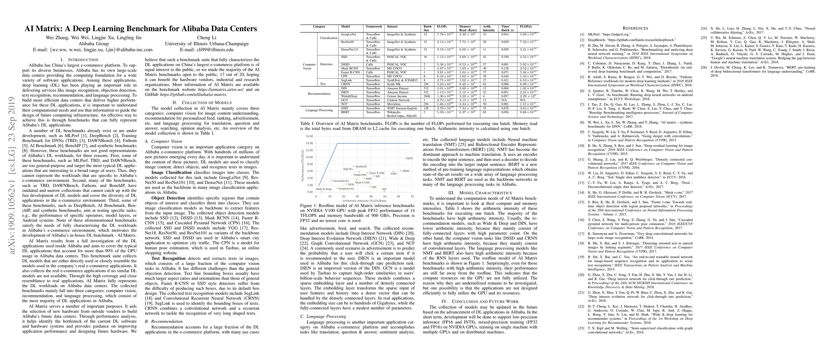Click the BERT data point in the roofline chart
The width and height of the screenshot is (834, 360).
(x=405, y=158)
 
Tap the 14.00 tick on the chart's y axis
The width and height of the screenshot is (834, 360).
(x=309, y=143)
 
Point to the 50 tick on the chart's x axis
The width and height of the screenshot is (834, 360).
(x=385, y=196)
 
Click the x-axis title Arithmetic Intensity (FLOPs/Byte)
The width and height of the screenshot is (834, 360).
(x=364, y=201)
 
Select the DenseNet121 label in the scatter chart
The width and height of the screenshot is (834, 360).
(x=341, y=181)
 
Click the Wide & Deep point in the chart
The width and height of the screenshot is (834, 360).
(x=321, y=192)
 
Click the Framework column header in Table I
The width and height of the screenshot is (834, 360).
(x=374, y=26)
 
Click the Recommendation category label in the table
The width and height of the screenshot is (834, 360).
(x=319, y=94)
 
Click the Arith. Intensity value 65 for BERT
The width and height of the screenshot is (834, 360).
(x=485, y=112)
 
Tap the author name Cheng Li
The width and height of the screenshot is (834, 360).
(x=207, y=37)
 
